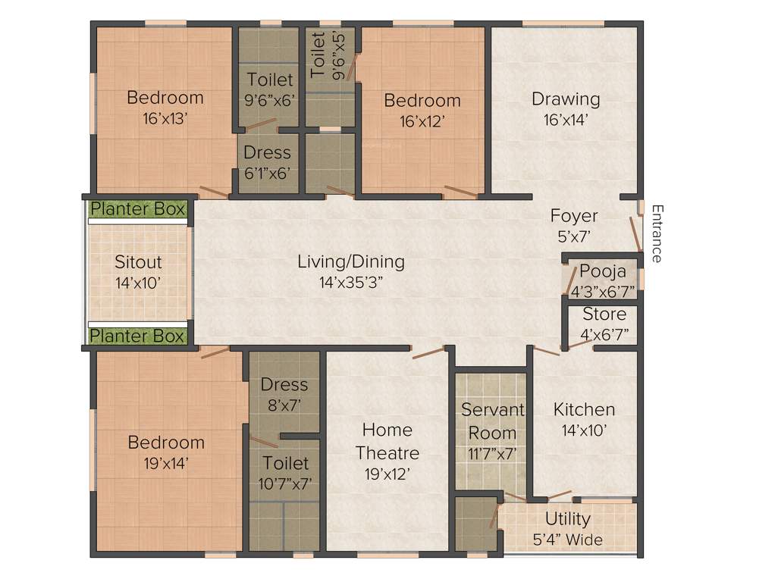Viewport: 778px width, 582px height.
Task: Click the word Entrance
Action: pos(657,233)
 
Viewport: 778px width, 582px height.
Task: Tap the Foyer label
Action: pos(573,216)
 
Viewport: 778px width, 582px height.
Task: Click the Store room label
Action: pos(604,314)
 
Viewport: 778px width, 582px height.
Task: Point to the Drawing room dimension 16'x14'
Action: pos(566,119)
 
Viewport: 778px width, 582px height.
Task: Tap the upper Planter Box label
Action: pos(138,209)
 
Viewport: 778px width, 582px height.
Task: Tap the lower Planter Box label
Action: pos(138,336)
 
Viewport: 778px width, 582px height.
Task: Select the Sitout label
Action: pos(138,262)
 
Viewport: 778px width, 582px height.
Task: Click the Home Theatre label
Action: pos(387,441)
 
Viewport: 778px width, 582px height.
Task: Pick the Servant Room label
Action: pos(493,422)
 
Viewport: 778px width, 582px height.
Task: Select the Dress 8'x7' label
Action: pos(284,394)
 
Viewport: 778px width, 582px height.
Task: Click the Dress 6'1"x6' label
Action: pos(267,162)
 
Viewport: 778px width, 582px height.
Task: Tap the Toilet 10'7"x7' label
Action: pos(285,472)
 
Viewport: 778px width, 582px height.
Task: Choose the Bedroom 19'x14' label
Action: pos(165,452)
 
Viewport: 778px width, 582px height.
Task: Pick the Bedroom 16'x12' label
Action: pos(422,110)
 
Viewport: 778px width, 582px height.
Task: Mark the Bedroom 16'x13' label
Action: pos(165,107)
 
